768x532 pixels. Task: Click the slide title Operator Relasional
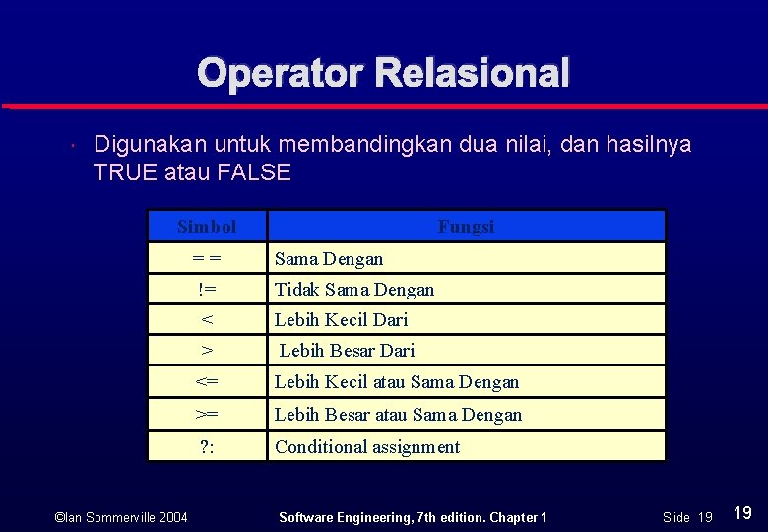tap(383, 73)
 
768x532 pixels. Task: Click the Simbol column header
tap(207, 227)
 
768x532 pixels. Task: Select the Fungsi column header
tap(466, 227)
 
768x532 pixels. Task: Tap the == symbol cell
tap(207, 259)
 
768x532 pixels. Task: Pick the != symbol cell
tap(207, 290)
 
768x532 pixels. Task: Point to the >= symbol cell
tap(207, 415)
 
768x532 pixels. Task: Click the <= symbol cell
tap(207, 382)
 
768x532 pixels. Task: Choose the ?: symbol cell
tap(207, 447)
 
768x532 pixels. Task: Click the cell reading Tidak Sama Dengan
tap(354, 290)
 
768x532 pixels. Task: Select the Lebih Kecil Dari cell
tap(341, 320)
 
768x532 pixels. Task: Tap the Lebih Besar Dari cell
tap(347, 351)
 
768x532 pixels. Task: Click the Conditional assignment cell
tap(367, 447)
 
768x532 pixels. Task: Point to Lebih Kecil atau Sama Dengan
tap(396, 382)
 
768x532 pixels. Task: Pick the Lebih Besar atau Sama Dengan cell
tap(398, 415)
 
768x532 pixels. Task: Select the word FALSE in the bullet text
tap(254, 173)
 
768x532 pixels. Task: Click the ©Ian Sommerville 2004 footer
tap(121, 517)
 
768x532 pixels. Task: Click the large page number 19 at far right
tap(743, 513)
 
